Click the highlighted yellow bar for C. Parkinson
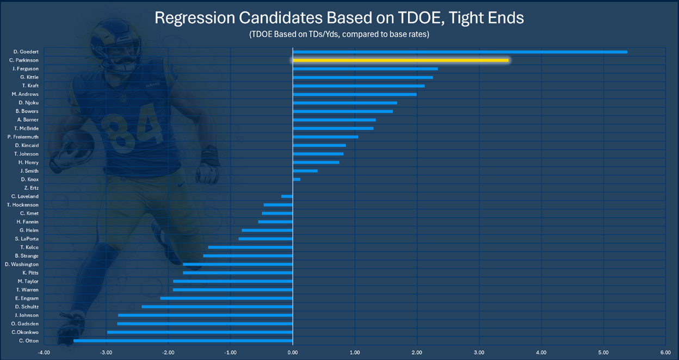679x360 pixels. point(400,60)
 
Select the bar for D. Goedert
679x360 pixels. point(460,52)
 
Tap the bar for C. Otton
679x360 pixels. point(183,340)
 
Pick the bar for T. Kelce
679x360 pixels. point(250,247)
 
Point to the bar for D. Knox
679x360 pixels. point(297,179)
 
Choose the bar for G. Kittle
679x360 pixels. point(363,77)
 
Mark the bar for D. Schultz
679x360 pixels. point(217,307)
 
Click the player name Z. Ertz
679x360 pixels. point(31,188)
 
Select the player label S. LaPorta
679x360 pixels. point(27,239)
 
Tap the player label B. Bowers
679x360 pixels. point(27,111)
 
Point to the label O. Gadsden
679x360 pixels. point(25,324)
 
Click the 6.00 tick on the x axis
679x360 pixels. point(665,352)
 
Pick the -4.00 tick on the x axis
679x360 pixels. point(44,352)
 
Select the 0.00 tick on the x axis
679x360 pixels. point(293,352)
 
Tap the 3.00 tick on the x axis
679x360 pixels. point(479,352)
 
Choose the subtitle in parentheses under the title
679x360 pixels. point(339,34)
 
